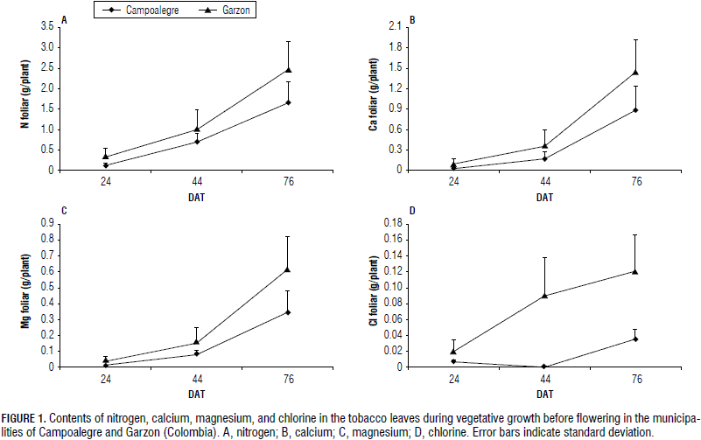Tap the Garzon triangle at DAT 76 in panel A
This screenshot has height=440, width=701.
click(x=288, y=70)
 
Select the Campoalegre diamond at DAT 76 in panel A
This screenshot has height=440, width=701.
click(x=288, y=102)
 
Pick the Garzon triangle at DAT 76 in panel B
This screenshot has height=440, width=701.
click(x=635, y=73)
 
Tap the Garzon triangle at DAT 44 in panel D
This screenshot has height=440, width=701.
click(x=544, y=295)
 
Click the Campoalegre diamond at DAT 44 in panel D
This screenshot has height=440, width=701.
click(x=544, y=367)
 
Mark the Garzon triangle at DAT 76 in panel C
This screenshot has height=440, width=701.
click(x=288, y=269)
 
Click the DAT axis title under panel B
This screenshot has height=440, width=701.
click(x=544, y=197)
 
